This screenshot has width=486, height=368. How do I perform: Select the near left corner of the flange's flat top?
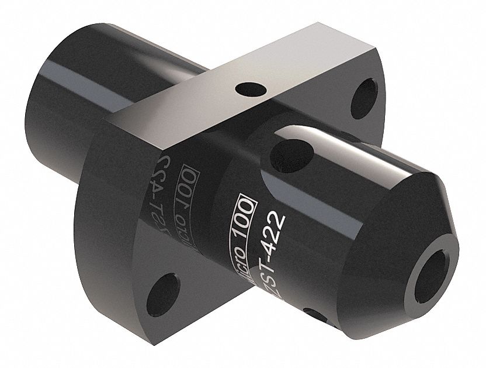(106, 119)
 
